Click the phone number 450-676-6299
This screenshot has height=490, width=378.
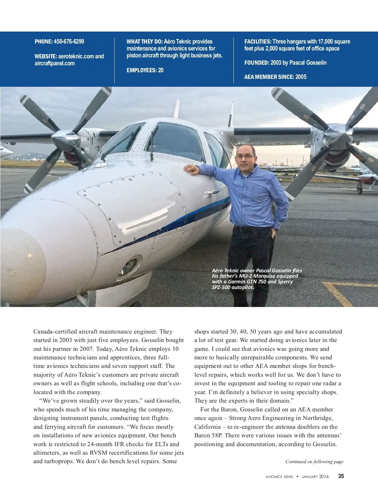point(69,42)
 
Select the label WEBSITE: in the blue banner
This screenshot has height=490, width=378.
point(46,56)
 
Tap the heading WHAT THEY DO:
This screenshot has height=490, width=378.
point(145,42)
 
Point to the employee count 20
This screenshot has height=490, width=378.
point(161,70)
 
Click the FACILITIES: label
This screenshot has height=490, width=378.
point(258,42)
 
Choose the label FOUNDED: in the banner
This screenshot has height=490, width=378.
point(257,63)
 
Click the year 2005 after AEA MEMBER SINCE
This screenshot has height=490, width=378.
point(301,77)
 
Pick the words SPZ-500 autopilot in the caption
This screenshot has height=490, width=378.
point(233,287)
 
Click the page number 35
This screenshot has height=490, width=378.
point(341,476)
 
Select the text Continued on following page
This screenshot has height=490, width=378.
point(314,462)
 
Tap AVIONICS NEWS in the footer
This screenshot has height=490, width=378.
point(279,476)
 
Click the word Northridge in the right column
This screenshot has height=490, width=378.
point(317,418)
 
